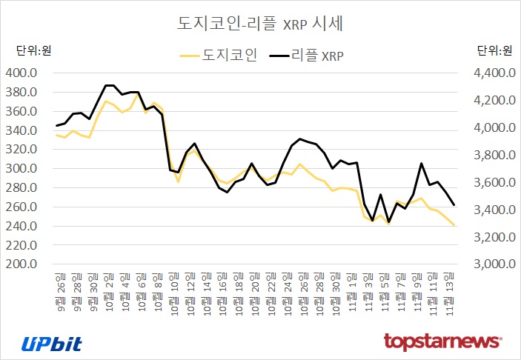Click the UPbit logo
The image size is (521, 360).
(x=51, y=343)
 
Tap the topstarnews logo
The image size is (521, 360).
(x=443, y=341)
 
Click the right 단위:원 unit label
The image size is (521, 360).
(x=494, y=50)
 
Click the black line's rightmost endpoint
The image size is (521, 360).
(x=454, y=205)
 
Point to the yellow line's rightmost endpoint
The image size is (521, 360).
(x=454, y=225)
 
